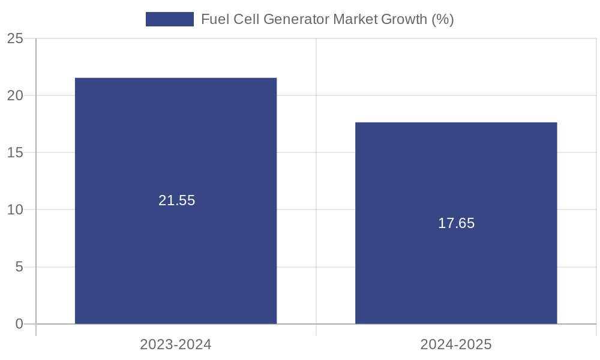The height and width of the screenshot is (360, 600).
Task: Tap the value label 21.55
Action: pos(177,201)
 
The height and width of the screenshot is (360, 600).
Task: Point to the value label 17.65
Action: pos(456,224)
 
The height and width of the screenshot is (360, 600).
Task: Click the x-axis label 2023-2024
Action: pos(176,345)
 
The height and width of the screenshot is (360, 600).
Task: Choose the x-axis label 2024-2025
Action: pos(456,345)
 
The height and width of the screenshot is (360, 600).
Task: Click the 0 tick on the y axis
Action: pos(19,324)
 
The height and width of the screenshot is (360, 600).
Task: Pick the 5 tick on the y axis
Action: pos(19,267)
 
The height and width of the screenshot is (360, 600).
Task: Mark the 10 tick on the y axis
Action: pos(15,210)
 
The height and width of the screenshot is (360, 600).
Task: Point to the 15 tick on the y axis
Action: pos(15,152)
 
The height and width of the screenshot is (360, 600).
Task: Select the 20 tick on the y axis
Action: pos(15,95)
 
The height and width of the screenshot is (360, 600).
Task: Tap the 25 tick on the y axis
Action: pos(15,38)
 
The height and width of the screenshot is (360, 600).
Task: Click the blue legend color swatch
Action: pos(170,19)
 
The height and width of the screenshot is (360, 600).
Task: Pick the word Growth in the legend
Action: pos(405,19)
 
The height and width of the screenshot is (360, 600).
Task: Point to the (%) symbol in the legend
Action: pos(443,19)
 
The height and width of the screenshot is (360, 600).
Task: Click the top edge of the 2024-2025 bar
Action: pos(456,123)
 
